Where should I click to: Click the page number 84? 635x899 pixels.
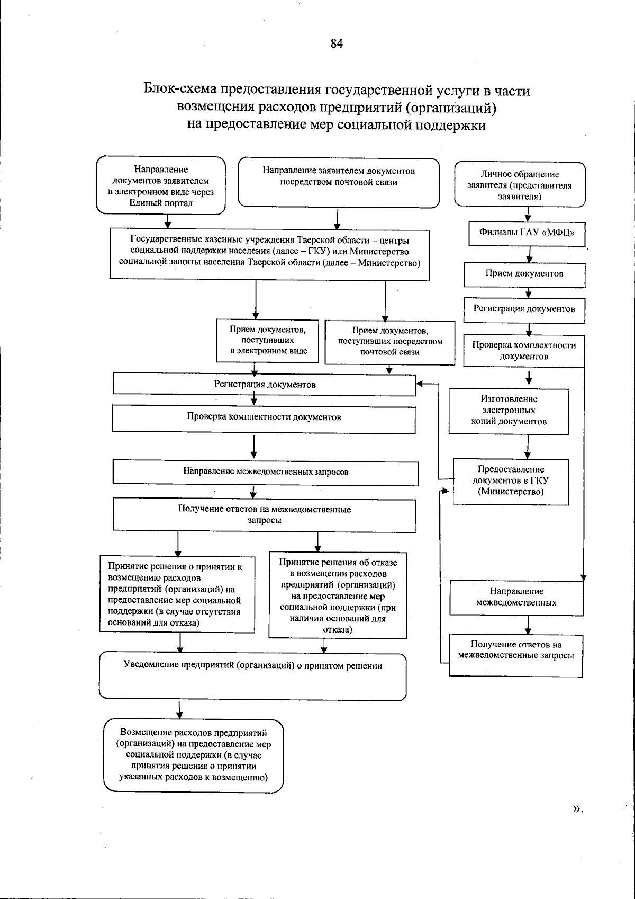tap(337, 44)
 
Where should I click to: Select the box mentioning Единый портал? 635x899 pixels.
tap(161, 186)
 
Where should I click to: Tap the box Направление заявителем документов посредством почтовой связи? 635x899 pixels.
tap(339, 182)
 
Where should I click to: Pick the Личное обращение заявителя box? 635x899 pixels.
tap(520, 185)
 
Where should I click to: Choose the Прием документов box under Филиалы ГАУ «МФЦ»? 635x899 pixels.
tap(524, 274)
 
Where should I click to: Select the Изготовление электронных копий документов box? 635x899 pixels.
tap(509, 411)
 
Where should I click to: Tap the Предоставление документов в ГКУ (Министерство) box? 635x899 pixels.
tap(511, 481)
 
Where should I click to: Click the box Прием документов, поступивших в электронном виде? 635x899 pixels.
tap(268, 340)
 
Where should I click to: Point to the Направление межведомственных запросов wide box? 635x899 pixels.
tap(266, 472)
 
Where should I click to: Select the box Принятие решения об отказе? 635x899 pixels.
tap(338, 595)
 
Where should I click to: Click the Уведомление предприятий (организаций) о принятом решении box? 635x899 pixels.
tap(252, 675)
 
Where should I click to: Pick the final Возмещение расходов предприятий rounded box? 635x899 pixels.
tap(193, 755)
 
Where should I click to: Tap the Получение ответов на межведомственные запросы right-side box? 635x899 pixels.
tap(516, 654)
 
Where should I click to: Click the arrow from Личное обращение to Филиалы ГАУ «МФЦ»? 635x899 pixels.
tap(528, 215)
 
